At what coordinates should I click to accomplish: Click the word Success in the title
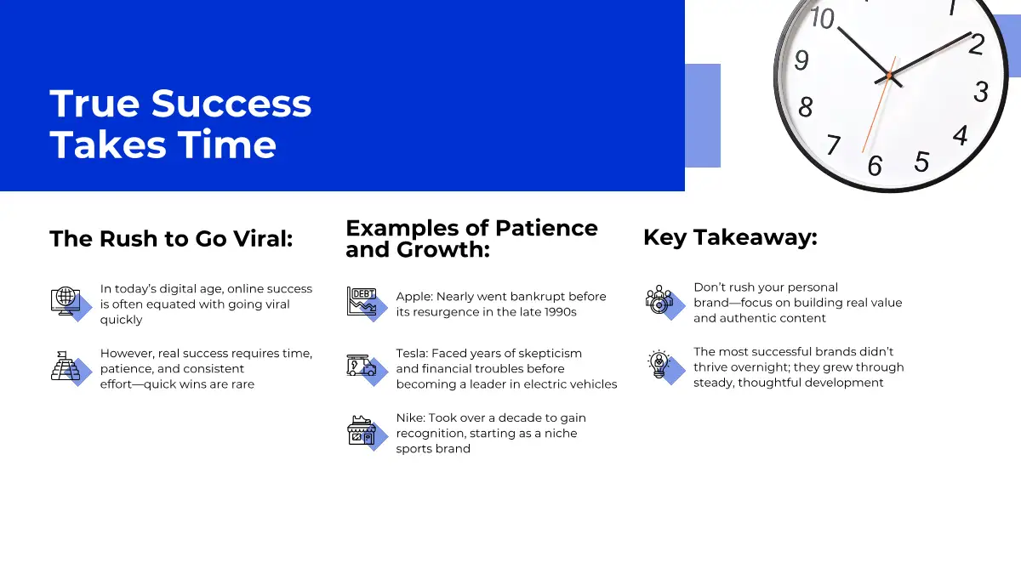point(231,104)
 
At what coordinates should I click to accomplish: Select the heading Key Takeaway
point(730,238)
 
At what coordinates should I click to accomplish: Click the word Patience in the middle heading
point(546,228)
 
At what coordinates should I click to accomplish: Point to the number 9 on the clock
point(801,60)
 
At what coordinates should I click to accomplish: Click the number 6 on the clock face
point(875,165)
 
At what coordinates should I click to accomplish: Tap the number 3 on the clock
point(981,92)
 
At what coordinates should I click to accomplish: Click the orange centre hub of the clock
point(889,75)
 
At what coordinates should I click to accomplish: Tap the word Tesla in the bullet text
point(412,354)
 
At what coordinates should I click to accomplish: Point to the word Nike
point(410,418)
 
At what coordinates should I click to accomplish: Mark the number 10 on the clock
point(822,19)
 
